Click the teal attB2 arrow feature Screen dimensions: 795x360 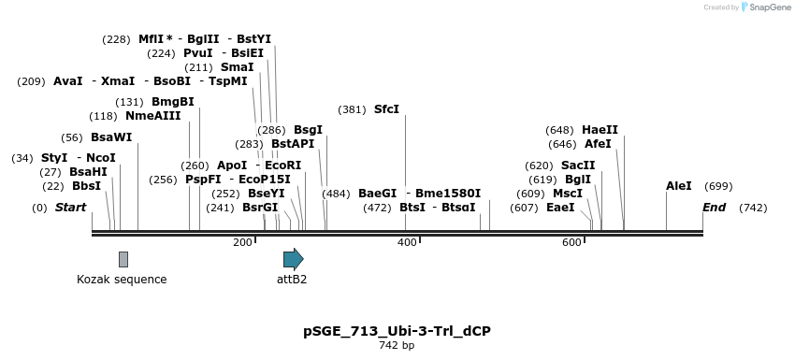(293, 259)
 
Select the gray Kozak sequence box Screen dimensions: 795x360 (123, 259)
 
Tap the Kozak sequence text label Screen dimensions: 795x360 (122, 279)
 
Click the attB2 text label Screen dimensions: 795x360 (292, 279)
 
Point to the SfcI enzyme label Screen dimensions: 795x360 (386, 109)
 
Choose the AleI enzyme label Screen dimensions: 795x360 (679, 186)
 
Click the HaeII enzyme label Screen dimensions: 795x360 (600, 130)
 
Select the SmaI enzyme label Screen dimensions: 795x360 (237, 67)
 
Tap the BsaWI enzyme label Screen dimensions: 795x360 (111, 137)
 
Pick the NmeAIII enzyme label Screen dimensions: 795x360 (152, 116)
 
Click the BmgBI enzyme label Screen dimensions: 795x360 (173, 102)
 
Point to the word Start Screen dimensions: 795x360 (70, 208)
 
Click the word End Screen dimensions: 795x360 (715, 208)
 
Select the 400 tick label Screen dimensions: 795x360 (407, 243)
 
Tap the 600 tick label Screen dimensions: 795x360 (571, 243)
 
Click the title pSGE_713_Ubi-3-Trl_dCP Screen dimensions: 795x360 (397, 331)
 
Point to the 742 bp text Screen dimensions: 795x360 (397, 346)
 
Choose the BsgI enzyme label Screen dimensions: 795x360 (308, 130)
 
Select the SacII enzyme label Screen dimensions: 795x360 (578, 165)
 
